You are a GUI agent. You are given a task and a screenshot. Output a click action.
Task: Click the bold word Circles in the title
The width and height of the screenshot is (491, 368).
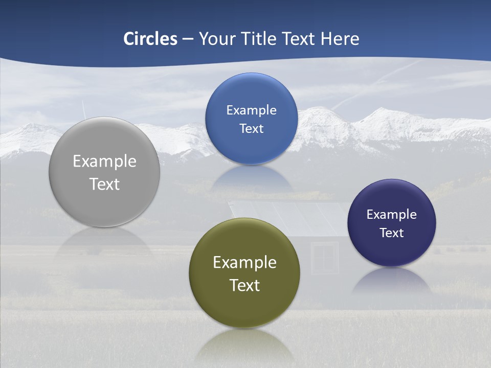(150, 39)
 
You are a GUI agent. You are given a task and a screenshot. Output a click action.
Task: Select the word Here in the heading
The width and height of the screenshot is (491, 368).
(340, 39)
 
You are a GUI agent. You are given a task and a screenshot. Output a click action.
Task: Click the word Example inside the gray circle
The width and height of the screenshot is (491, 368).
(104, 161)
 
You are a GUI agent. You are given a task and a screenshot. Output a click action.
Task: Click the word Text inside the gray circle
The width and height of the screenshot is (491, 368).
(104, 184)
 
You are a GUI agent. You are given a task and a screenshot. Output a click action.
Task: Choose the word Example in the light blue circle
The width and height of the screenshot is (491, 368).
(251, 110)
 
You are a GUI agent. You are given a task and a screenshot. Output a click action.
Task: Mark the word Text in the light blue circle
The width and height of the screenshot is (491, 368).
(251, 128)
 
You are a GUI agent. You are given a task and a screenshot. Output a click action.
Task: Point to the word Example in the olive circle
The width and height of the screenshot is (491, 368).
(244, 262)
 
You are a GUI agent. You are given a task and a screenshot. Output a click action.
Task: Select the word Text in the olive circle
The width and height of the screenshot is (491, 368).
(244, 285)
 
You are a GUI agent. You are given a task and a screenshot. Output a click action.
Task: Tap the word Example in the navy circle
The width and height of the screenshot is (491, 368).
(392, 214)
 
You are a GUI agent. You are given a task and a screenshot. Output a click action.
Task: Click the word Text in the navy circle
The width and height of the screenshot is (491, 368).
(392, 233)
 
